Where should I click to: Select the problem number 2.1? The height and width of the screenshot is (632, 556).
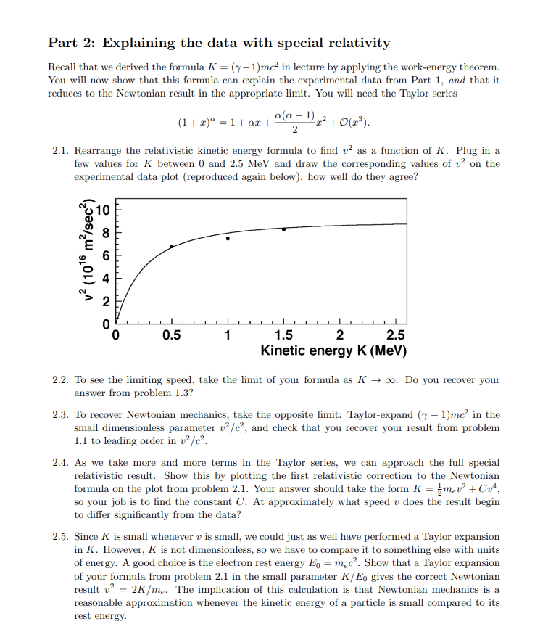pyautogui.click(x=61, y=150)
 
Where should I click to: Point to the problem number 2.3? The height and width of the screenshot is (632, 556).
pyautogui.click(x=61, y=414)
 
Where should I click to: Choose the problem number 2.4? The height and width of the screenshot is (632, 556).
pyautogui.click(x=61, y=462)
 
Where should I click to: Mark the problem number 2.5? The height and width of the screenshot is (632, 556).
pyautogui.click(x=61, y=538)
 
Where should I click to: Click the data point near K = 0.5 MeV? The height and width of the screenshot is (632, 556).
pyautogui.click(x=172, y=246)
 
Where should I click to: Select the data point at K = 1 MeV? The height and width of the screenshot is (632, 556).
pyautogui.click(x=228, y=238)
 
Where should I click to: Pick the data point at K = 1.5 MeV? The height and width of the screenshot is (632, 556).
pyautogui.click(x=283, y=229)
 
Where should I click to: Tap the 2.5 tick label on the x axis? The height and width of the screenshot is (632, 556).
pyautogui.click(x=396, y=335)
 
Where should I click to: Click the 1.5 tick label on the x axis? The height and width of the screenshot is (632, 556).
pyautogui.click(x=283, y=335)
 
